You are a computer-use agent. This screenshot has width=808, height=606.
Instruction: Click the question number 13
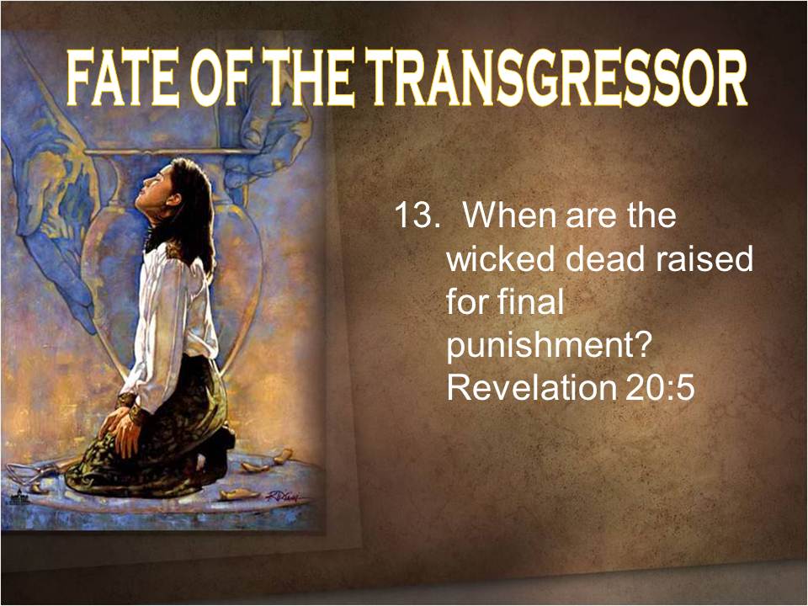[415, 215]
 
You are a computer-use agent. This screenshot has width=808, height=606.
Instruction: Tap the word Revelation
[531, 387]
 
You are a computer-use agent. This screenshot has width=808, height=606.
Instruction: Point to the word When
[511, 215]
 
